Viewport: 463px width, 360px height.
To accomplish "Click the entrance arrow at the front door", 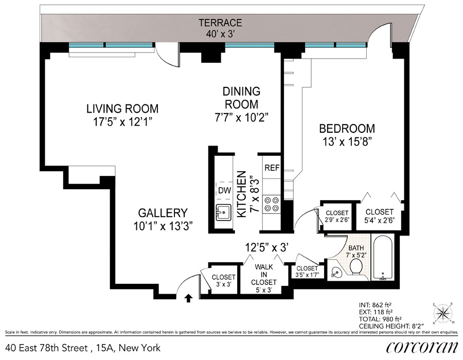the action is click(x=188, y=299).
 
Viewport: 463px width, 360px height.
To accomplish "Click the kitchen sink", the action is click(x=223, y=212).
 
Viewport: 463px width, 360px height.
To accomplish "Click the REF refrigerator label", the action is click(x=272, y=168).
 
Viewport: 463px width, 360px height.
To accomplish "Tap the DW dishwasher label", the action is click(x=224, y=190).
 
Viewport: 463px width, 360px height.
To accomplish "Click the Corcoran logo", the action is click(x=422, y=347).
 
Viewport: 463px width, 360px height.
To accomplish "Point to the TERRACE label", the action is click(x=220, y=23).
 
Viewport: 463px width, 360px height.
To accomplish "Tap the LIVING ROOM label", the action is click(x=122, y=109).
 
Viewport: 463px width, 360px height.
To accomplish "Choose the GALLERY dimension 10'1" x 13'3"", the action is click(x=163, y=226).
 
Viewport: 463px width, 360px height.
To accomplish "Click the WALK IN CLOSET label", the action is click(x=264, y=275).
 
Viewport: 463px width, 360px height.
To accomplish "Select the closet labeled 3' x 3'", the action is click(x=223, y=281).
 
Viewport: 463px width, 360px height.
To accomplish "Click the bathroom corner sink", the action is click(x=336, y=273).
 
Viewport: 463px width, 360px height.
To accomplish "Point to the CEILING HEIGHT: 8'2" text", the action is click(x=391, y=326).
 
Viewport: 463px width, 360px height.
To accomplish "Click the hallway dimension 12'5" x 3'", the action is click(x=266, y=247).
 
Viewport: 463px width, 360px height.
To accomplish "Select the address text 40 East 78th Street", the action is click(x=46, y=348).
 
